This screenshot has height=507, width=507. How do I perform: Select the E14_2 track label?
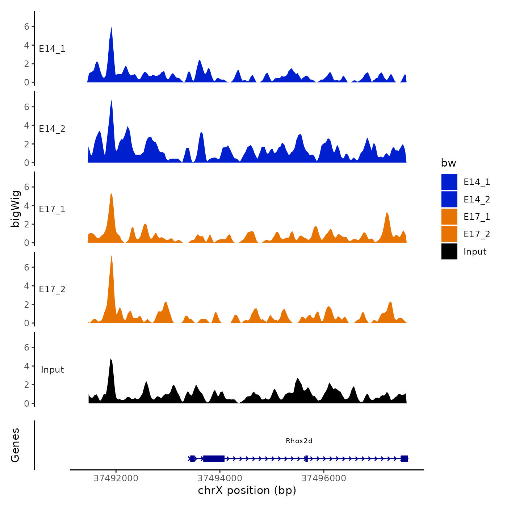click(x=52, y=129)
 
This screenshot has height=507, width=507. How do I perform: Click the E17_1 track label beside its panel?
click(x=52, y=209)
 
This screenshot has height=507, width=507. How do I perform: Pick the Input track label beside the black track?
click(x=52, y=370)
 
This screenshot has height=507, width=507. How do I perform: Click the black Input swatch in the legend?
click(x=449, y=252)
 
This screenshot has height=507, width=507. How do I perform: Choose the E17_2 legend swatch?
click(x=449, y=234)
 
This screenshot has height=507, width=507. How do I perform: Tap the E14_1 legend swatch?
click(x=449, y=182)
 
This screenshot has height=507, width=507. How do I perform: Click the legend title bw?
click(x=448, y=163)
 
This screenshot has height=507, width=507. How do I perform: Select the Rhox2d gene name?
click(x=299, y=441)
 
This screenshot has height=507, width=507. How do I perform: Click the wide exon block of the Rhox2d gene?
click(x=214, y=459)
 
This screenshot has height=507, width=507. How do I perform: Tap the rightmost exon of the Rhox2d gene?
click(x=405, y=459)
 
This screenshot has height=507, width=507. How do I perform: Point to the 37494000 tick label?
click(x=220, y=478)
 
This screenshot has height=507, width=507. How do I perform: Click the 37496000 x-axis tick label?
click(x=324, y=478)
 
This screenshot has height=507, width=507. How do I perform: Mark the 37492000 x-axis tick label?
click(x=116, y=478)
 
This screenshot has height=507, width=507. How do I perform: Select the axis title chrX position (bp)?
click(x=247, y=491)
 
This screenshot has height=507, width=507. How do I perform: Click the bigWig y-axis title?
click(x=15, y=209)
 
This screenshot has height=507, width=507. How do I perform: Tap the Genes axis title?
click(x=15, y=445)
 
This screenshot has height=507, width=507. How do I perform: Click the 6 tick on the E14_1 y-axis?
click(x=26, y=26)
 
